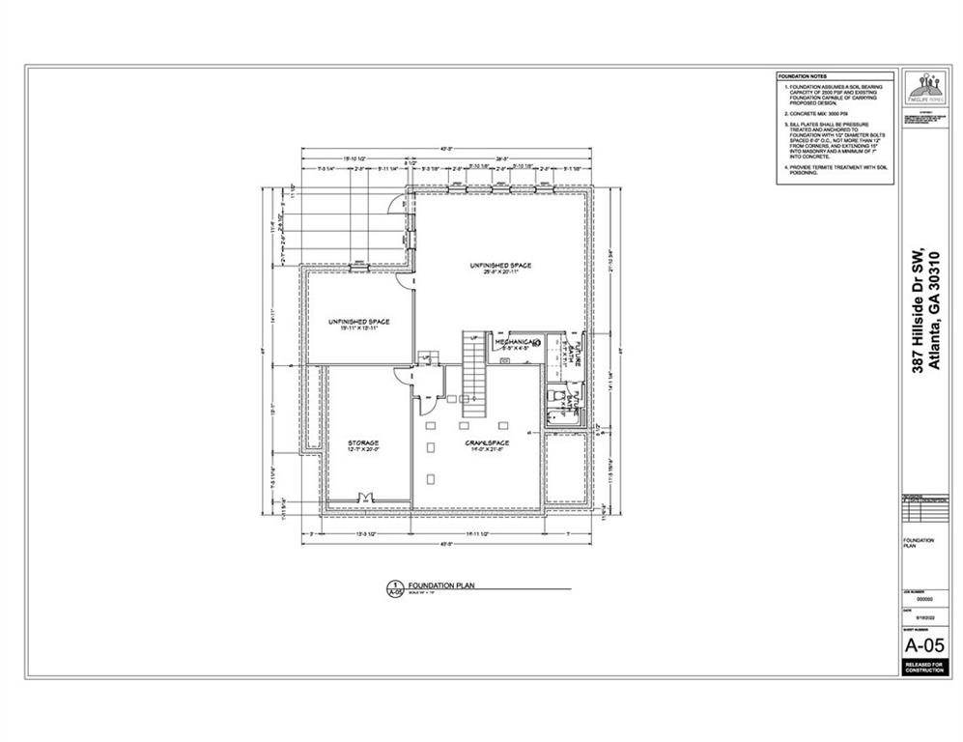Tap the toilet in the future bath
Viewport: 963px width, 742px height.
[x=553, y=396]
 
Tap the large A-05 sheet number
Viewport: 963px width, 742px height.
[x=924, y=644]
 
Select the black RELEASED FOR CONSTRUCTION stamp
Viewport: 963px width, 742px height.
[x=924, y=667]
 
